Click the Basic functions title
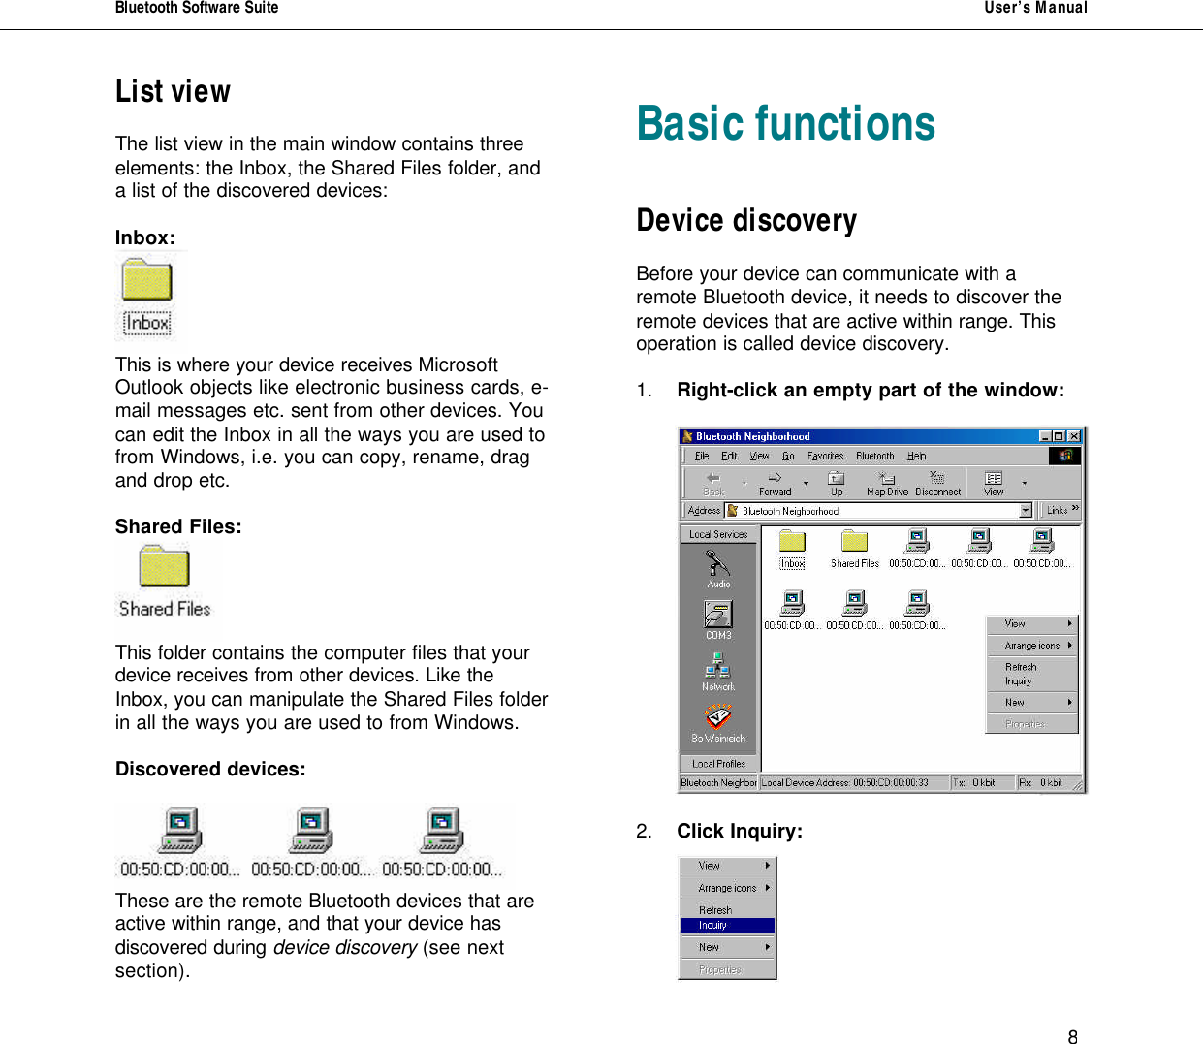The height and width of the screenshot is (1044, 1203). tap(785, 124)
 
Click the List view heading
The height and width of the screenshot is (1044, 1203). tap(173, 91)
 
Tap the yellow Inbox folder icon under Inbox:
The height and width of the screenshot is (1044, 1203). tap(147, 281)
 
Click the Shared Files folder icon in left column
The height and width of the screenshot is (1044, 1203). tap(164, 567)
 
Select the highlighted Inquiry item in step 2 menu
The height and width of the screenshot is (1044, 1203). tap(727, 925)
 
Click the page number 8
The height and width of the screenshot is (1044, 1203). tap(1072, 1037)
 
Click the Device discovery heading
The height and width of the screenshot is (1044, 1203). tap(746, 221)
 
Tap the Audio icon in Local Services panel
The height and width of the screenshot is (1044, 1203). tap(718, 566)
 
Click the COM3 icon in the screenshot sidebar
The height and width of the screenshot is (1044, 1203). tap(718, 617)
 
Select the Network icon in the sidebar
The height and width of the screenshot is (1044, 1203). tap(718, 669)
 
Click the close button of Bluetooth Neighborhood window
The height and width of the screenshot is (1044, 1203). tap(1074, 436)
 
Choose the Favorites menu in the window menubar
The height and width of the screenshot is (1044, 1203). tap(825, 456)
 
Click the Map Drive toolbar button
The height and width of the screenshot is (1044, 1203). tap(887, 482)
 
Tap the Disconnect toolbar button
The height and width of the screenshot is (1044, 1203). tap(937, 482)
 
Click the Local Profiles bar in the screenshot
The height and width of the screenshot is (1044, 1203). tap(719, 764)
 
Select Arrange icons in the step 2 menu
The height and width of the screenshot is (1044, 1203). tap(727, 888)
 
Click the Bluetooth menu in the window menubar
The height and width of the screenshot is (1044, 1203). tap(874, 456)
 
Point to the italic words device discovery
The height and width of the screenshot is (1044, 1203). tap(344, 947)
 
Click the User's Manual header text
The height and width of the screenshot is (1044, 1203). tap(1035, 8)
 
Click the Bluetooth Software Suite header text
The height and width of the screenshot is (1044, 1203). tap(197, 8)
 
